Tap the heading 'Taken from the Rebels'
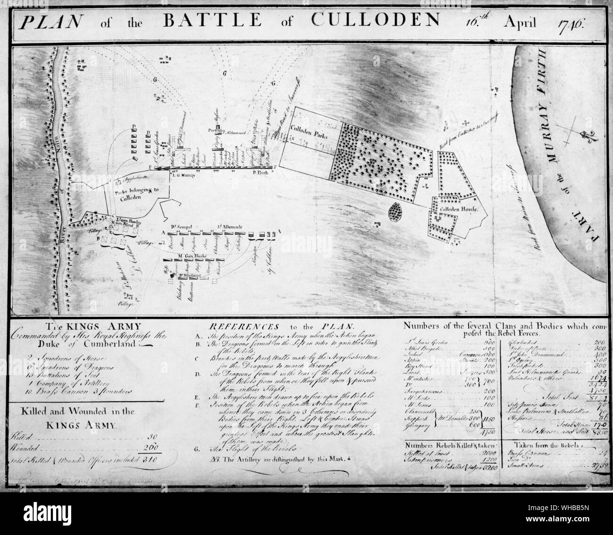pyautogui.click(x=547, y=444)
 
